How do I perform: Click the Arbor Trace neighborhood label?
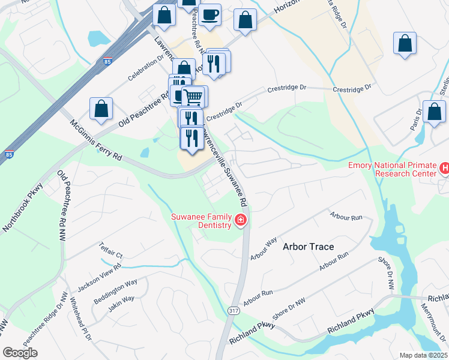coord(308,247)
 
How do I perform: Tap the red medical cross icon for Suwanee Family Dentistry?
coord(241,221)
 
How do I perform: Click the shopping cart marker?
coord(193,96)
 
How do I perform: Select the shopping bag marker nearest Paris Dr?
coord(434,112)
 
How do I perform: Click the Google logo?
coord(20,353)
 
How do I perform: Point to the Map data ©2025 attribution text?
coord(423,355)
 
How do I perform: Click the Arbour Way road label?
coord(264,249)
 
